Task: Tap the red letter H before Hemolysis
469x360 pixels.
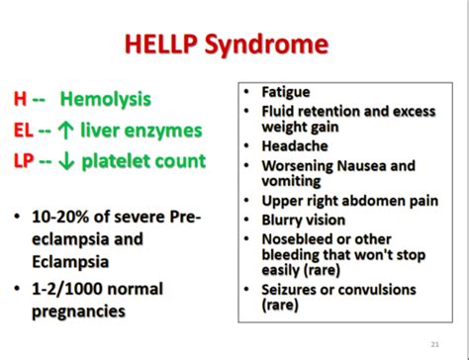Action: coord(20,100)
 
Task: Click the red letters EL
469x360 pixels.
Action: coord(23,131)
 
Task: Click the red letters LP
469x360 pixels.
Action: coord(24,160)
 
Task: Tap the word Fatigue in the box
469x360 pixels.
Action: coord(286,92)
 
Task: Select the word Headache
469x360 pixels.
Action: coord(292,144)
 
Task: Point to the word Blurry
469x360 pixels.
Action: coord(284,221)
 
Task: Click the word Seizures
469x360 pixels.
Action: coord(292,290)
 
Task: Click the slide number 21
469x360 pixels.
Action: coord(436,343)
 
